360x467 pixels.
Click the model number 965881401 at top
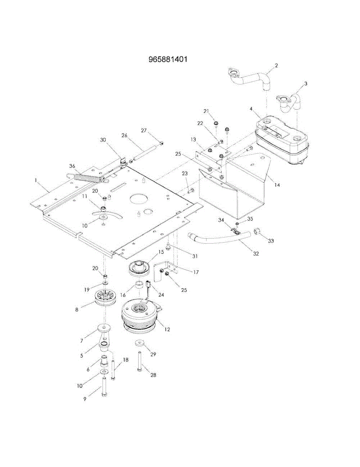click(168, 59)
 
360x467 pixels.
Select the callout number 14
click(277, 184)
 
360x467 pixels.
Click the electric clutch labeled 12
click(142, 318)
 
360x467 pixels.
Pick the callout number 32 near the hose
click(256, 254)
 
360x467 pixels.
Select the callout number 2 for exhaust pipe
click(276, 65)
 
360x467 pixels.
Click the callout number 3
click(306, 84)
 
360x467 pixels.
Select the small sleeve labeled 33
click(257, 232)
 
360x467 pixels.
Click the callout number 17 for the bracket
click(196, 272)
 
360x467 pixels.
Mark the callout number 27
click(144, 130)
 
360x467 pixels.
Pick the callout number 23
click(185, 174)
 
